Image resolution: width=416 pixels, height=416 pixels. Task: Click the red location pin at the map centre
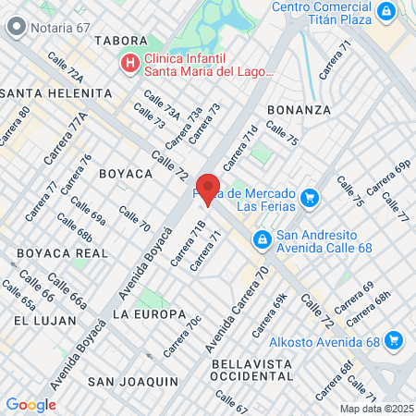208,189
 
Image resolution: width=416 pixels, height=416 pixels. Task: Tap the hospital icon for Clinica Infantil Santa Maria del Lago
129,63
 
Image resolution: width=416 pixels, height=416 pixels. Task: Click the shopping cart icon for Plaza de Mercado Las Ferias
310,197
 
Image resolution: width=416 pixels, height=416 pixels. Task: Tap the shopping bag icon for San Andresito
263,240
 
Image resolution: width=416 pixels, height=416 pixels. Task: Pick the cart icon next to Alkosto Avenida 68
395,340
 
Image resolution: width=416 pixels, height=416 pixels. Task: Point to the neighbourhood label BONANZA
299,109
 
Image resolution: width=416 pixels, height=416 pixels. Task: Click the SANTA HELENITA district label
56,92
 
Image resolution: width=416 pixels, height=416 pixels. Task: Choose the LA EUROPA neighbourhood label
149,314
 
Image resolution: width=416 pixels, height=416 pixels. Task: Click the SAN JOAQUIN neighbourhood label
132,381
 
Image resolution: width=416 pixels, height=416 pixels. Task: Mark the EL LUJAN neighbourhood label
38,319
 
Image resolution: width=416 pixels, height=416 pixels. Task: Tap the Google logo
31,404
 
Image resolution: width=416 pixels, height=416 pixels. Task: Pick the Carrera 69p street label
389,177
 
